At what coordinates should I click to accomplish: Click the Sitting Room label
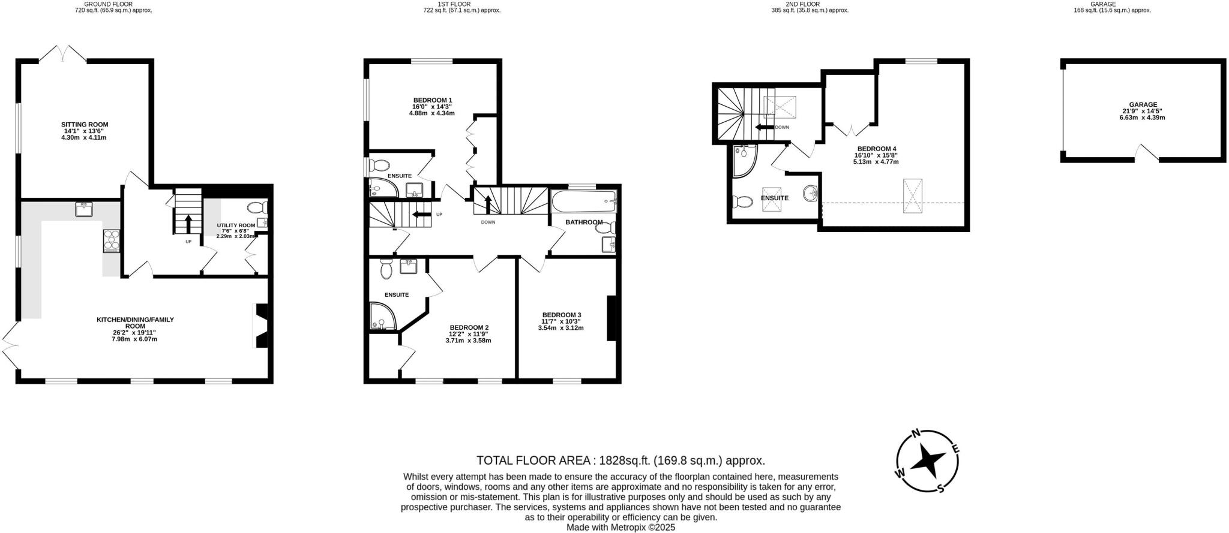point(85,125)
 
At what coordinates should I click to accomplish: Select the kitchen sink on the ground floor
point(84,209)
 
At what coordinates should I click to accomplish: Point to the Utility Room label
point(236,225)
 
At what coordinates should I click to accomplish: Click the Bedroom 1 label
point(432,100)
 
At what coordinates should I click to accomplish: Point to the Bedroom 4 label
point(876,149)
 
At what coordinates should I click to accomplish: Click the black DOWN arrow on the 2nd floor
point(764,127)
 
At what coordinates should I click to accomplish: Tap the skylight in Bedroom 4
point(913,195)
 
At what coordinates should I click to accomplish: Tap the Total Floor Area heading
point(621,460)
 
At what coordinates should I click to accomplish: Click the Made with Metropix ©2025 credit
point(621,528)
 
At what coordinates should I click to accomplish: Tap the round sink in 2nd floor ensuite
point(811,194)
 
